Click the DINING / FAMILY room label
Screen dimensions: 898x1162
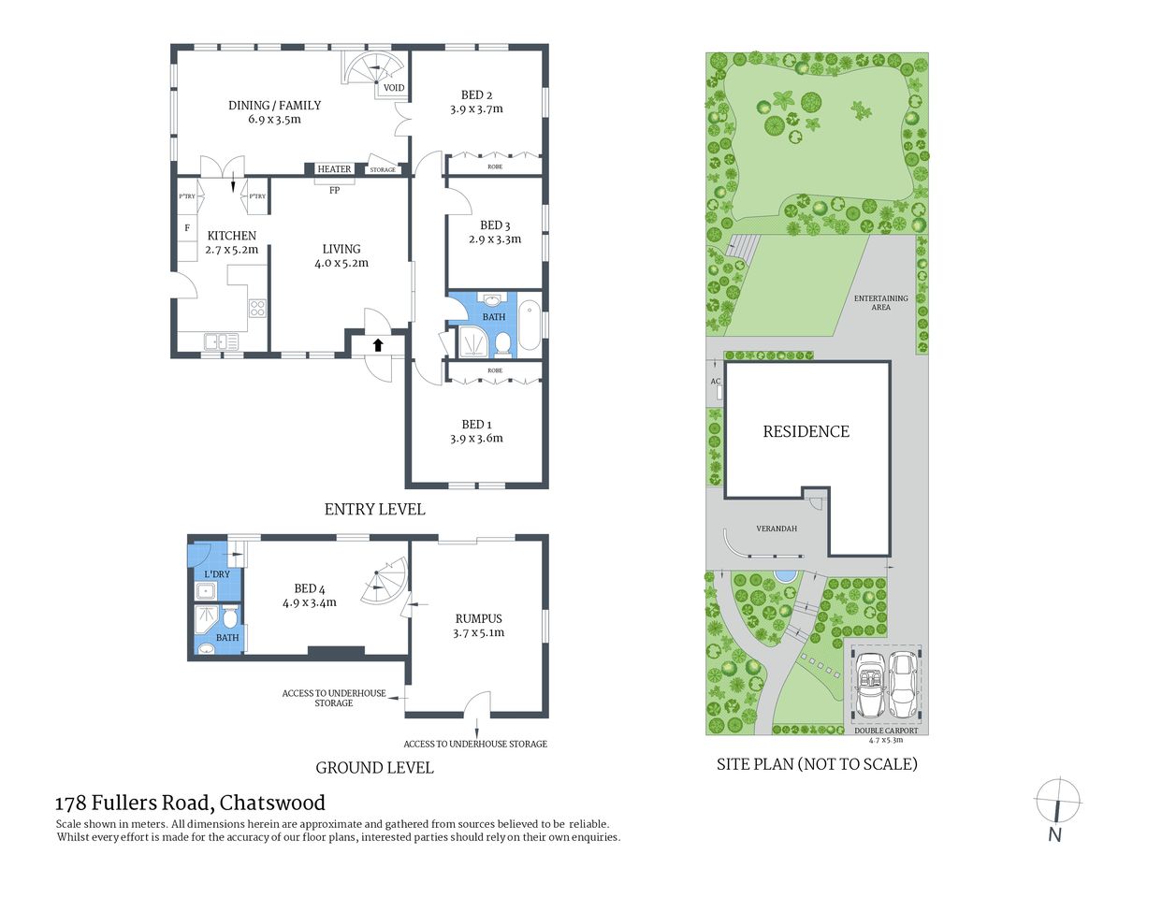274,106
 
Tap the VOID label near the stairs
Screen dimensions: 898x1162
394,88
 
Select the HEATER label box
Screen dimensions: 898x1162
334,169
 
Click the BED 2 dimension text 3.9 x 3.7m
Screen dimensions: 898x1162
476,109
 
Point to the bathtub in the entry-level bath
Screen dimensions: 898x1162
530,324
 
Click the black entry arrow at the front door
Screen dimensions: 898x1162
378,344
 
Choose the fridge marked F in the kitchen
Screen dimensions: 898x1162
187,227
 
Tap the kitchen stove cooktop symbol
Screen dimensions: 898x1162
257,308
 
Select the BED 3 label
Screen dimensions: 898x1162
495,224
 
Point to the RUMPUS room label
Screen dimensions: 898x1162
478,618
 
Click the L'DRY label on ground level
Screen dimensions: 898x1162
217,573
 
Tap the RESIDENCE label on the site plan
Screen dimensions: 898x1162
806,431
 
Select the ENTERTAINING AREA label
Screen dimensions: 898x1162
880,302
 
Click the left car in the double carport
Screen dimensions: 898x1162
870,685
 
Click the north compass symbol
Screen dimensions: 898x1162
1056,802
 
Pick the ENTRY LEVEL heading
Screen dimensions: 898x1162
374,509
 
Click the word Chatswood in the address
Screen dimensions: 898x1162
272,803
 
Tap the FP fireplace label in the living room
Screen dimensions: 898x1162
334,190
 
